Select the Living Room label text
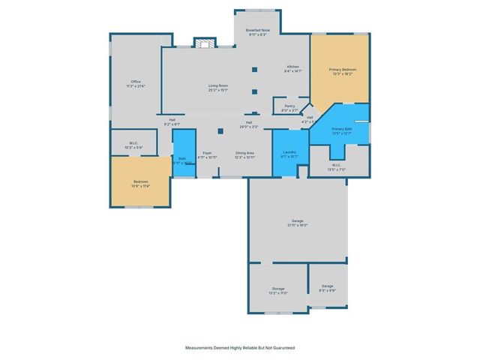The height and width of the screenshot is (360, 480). pyautogui.click(x=218, y=88)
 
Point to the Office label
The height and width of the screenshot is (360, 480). pyautogui.click(x=136, y=83)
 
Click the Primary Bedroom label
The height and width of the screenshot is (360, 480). pyautogui.click(x=343, y=72)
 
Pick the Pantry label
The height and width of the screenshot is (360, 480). pyautogui.click(x=289, y=108)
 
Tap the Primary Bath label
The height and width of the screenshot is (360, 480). pyautogui.click(x=341, y=132)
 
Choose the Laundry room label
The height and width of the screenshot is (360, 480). pyautogui.click(x=289, y=155)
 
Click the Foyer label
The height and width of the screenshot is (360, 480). pyautogui.click(x=207, y=155)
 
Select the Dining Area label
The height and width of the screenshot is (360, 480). pyautogui.click(x=244, y=155)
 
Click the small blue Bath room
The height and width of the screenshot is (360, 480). pyautogui.click(x=182, y=158)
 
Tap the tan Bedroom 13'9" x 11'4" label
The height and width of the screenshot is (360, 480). pyautogui.click(x=141, y=183)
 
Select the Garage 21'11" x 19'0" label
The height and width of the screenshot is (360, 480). pyautogui.click(x=298, y=223)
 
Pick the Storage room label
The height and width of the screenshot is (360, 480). pyautogui.click(x=278, y=291)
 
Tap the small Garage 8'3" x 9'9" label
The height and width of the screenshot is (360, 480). pyautogui.click(x=328, y=288)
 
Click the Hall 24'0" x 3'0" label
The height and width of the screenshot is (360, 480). pyautogui.click(x=249, y=124)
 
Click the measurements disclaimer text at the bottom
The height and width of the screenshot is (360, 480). pyautogui.click(x=240, y=348)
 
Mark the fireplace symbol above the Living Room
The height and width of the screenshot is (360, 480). pyautogui.click(x=203, y=43)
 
